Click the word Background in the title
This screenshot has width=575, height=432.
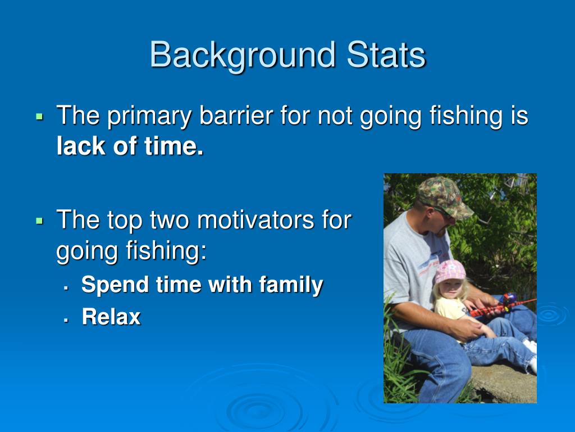pos(243,55)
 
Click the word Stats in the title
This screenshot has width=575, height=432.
pos(386,55)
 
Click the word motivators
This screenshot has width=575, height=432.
pos(255,220)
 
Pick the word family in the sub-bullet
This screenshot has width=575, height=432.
pos(291,285)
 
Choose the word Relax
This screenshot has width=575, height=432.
pos(111,317)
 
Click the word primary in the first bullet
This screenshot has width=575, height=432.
pos(149,116)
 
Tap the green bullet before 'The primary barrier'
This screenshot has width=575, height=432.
pos(40,117)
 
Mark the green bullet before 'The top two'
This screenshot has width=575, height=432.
pos(40,221)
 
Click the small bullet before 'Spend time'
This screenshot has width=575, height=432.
pos(66,289)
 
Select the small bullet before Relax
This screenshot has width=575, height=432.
pos(66,320)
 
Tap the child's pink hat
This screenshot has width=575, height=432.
pos(450,271)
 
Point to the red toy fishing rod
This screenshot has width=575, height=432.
pos(503,305)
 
